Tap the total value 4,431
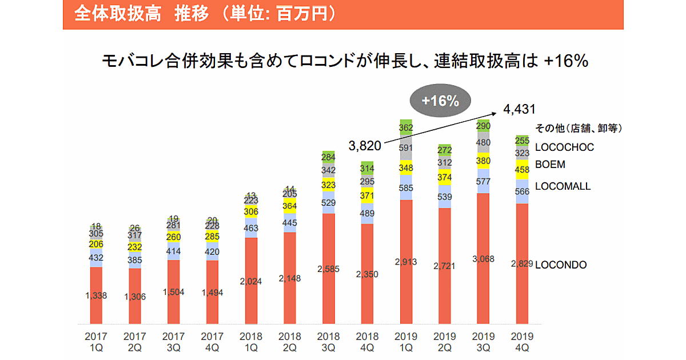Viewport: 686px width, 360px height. [x=519, y=109]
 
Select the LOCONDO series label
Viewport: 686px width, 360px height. [x=561, y=265]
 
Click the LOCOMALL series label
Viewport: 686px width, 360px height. [x=563, y=186]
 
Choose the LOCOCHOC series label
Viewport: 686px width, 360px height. [x=564, y=147]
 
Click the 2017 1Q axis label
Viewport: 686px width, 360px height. [x=96, y=341]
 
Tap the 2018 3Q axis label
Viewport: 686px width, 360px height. [x=328, y=341]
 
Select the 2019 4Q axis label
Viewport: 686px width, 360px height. [x=522, y=341]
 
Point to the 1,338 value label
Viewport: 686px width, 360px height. [x=96, y=295]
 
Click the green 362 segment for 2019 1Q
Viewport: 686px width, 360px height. [x=405, y=127]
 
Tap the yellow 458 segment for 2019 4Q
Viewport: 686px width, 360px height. [x=521, y=170]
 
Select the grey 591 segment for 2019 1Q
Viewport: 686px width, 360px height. [x=405, y=148]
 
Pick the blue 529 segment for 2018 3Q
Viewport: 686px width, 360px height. [x=328, y=203]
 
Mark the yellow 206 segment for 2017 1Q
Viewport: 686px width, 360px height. [x=96, y=244]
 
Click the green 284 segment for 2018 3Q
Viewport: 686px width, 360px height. [x=328, y=157]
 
